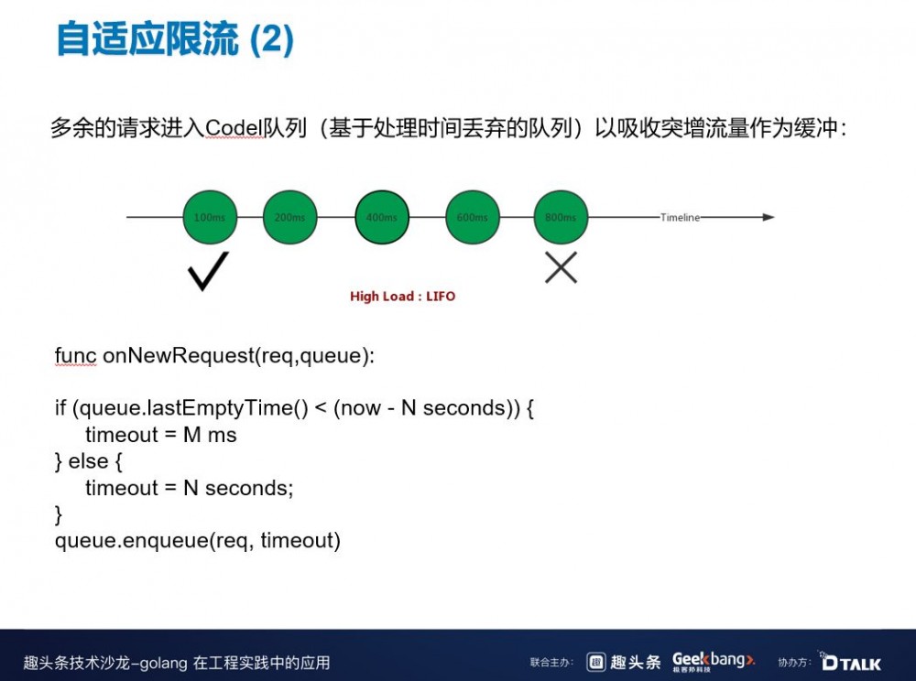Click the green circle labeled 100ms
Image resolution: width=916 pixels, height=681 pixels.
pos(210,217)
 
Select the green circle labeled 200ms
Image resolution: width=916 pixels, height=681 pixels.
pos(290,217)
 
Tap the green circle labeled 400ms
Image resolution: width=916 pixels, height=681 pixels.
pos(381,217)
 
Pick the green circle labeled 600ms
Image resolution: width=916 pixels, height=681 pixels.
pos(473,217)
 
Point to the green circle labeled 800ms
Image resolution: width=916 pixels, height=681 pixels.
pos(561,217)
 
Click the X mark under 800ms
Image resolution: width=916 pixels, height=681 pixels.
pos(561,267)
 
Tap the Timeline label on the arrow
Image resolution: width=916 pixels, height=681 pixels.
pos(680,218)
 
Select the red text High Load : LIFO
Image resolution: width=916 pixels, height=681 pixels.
pos(402,297)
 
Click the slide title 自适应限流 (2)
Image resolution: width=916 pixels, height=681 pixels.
pos(175,40)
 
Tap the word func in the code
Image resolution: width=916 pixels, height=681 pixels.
pos(75,355)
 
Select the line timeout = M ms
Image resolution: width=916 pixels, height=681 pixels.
pos(161,436)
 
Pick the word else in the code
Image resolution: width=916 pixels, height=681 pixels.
pos(89,461)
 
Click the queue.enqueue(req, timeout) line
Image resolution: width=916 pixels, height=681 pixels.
pos(198,541)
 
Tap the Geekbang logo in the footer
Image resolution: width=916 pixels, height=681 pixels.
pos(714,661)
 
